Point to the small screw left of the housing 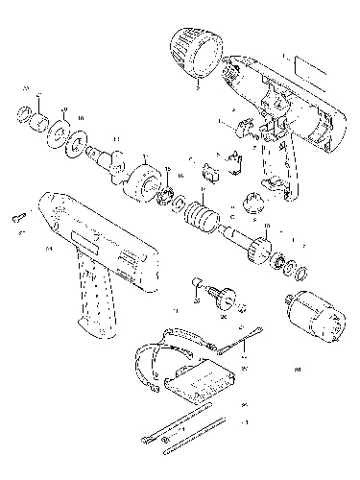coord(19,218)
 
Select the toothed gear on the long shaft coord(258,252)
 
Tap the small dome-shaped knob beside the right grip coord(254,203)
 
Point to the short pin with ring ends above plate coord(245,338)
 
